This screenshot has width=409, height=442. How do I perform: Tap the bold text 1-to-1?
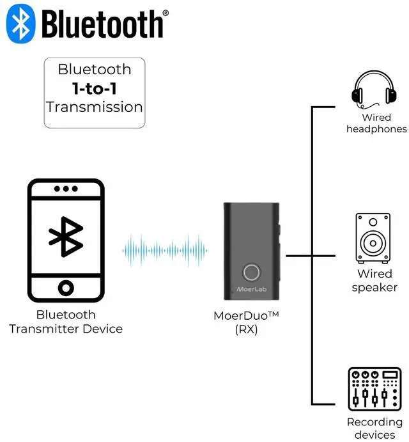pyautogui.click(x=95, y=88)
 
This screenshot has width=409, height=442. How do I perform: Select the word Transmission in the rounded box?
pyautogui.click(x=95, y=106)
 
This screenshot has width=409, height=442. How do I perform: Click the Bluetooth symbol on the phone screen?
pyautogui.click(x=66, y=237)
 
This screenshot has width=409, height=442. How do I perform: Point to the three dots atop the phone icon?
pyautogui.click(x=66, y=189)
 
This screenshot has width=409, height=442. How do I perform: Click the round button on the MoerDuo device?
pyautogui.click(x=251, y=272)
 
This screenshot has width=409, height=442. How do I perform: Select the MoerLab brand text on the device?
pyautogui.click(x=251, y=290)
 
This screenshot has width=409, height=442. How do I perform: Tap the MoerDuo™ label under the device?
pyautogui.click(x=246, y=316)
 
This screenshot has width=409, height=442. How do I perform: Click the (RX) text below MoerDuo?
pyautogui.click(x=246, y=330)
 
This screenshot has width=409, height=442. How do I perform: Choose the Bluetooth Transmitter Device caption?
pyautogui.click(x=66, y=322)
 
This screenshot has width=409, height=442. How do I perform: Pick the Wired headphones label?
pyautogui.click(x=376, y=123)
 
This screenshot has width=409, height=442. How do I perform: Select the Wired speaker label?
pyautogui.click(x=374, y=281)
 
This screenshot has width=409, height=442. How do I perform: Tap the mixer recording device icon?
pyautogui.click(x=374, y=389)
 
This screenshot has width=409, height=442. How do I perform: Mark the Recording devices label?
pyautogui.click(x=374, y=429)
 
